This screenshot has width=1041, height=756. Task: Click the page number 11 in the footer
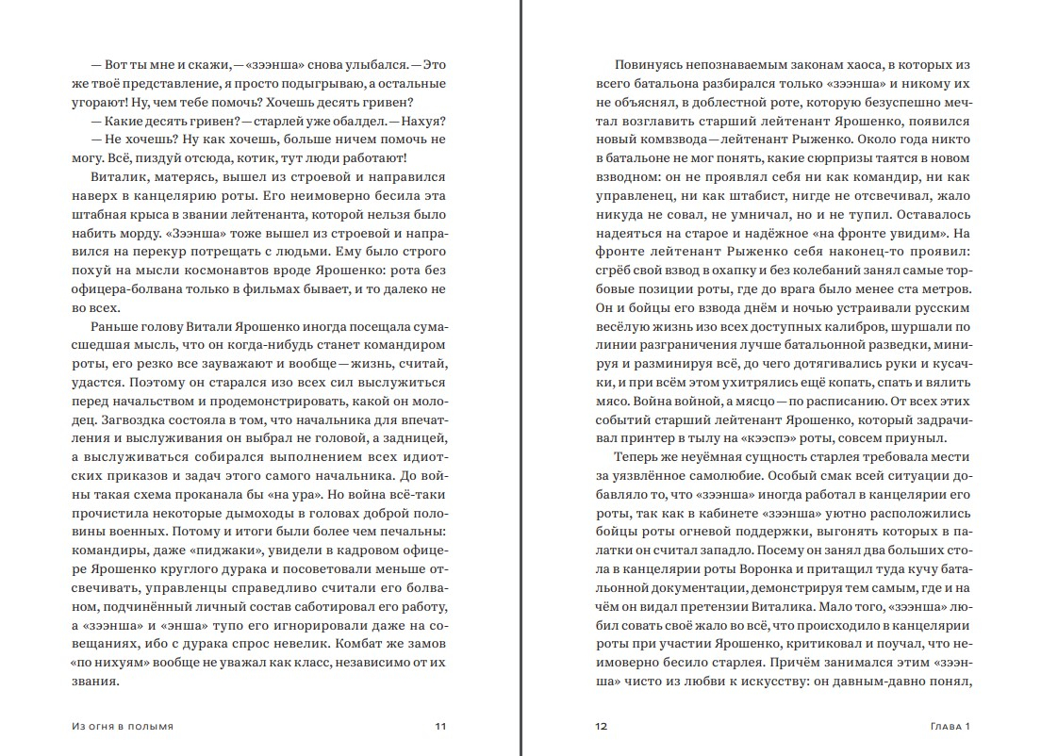tap(439, 727)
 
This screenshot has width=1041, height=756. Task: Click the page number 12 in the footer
tap(601, 727)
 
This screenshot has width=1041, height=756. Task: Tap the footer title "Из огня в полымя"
tap(122, 727)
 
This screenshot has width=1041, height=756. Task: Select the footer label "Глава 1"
tap(950, 727)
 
